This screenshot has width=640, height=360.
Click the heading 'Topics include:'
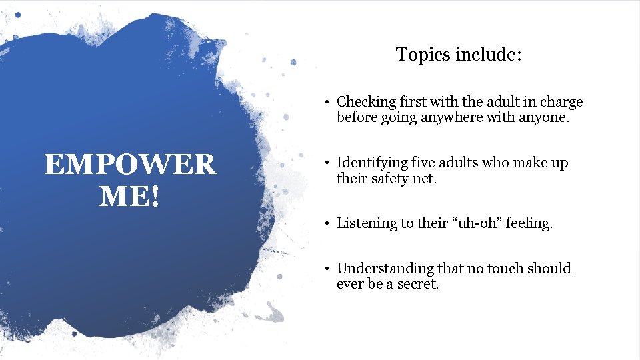[459, 54]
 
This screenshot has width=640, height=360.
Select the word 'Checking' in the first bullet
[365, 102]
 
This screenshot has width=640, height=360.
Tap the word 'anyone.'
[543, 118]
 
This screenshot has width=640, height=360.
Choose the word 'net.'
[425, 179]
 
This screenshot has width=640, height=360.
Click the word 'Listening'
[367, 223]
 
